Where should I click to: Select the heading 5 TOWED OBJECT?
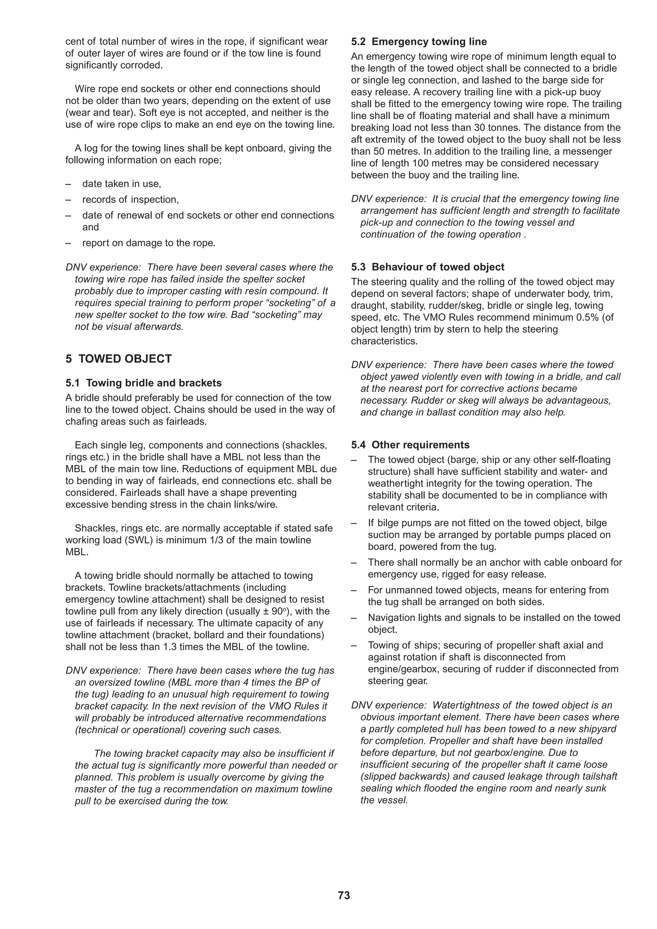119,359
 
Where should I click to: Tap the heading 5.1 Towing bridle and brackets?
144,383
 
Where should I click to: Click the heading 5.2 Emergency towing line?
419,42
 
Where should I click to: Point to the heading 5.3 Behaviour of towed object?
428,267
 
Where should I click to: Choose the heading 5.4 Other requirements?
410,445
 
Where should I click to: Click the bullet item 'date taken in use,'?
122,184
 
